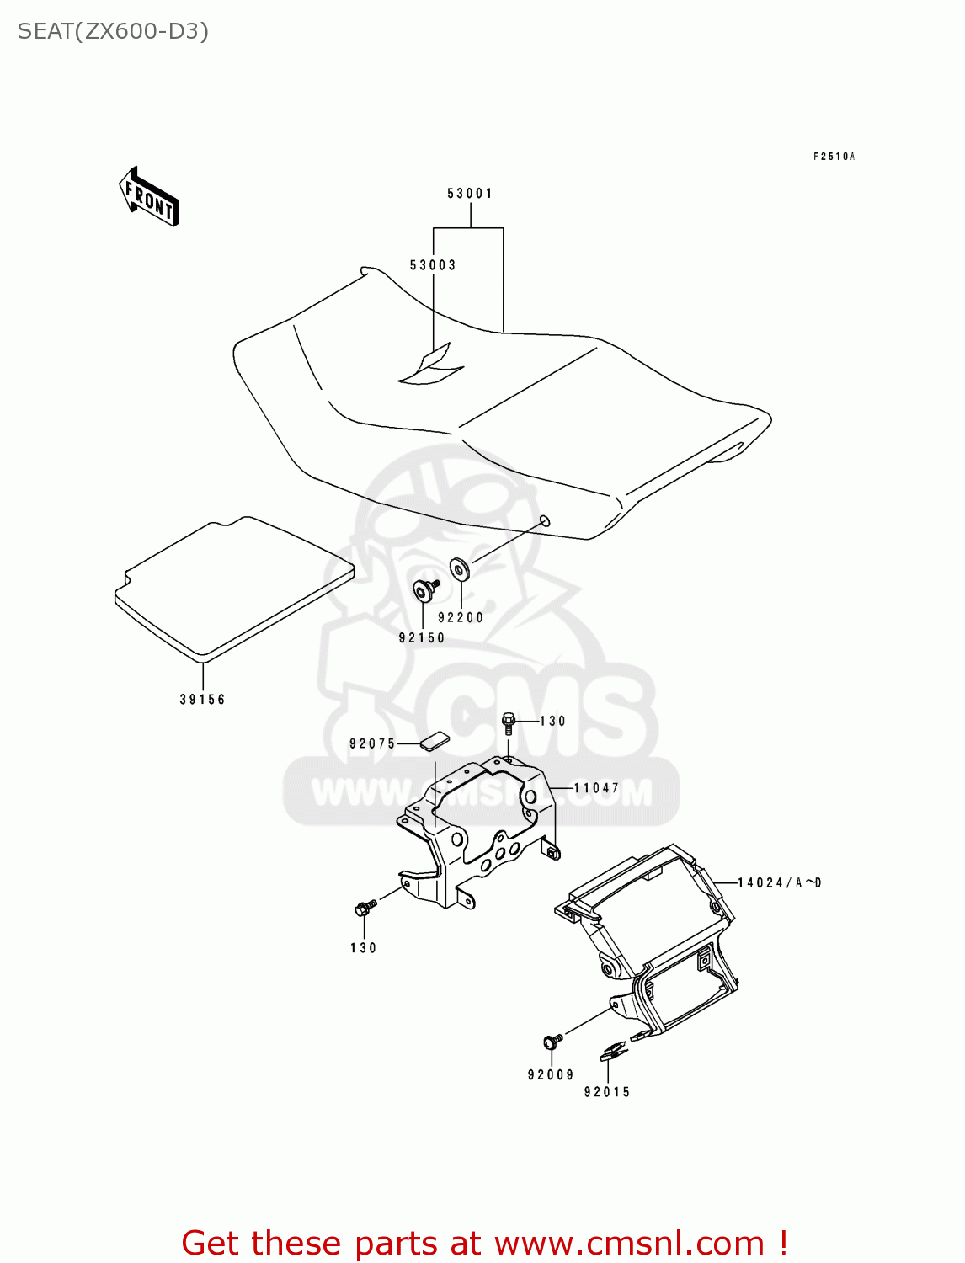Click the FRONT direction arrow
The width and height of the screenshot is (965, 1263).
[x=149, y=197]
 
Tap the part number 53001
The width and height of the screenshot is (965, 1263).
[x=470, y=194]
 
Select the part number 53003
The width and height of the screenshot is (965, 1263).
[x=433, y=265]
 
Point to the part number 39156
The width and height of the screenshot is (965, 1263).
[x=203, y=700]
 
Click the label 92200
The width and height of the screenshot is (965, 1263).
[x=461, y=618]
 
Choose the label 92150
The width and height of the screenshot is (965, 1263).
[x=422, y=638]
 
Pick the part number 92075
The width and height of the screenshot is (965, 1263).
[x=372, y=743]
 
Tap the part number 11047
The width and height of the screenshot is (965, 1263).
[x=596, y=788]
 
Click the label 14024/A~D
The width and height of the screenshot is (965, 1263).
[x=779, y=882]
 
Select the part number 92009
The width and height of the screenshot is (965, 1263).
[x=551, y=1075]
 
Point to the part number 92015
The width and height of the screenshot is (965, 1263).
[x=607, y=1092]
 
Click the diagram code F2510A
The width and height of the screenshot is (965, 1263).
[x=834, y=157]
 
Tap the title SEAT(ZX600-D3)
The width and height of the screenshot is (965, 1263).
[x=113, y=32]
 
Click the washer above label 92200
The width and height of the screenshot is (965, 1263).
[x=459, y=568]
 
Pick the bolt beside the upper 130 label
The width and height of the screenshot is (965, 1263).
[x=508, y=722]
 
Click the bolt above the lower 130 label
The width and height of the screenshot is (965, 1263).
[x=365, y=909]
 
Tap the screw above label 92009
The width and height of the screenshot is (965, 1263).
[x=552, y=1042]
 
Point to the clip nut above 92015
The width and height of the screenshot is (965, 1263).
[x=612, y=1051]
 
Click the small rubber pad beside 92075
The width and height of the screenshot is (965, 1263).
[x=435, y=742]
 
